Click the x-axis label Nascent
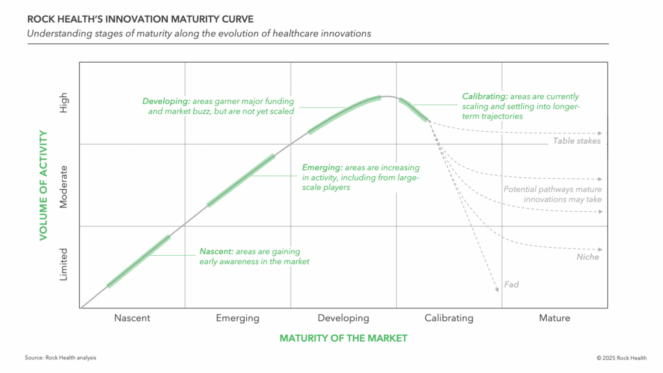tap(132, 318)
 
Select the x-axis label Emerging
tap(238, 318)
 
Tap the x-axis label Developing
tap(343, 318)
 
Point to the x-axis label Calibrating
tap(449, 318)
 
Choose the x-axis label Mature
tap(555, 318)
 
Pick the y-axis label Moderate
tap(63, 186)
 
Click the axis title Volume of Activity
tap(43, 185)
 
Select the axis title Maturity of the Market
tap(343, 338)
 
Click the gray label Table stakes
tap(577, 141)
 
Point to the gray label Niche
tap(587, 257)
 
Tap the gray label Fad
tap(511, 284)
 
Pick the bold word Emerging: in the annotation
tap(322, 168)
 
